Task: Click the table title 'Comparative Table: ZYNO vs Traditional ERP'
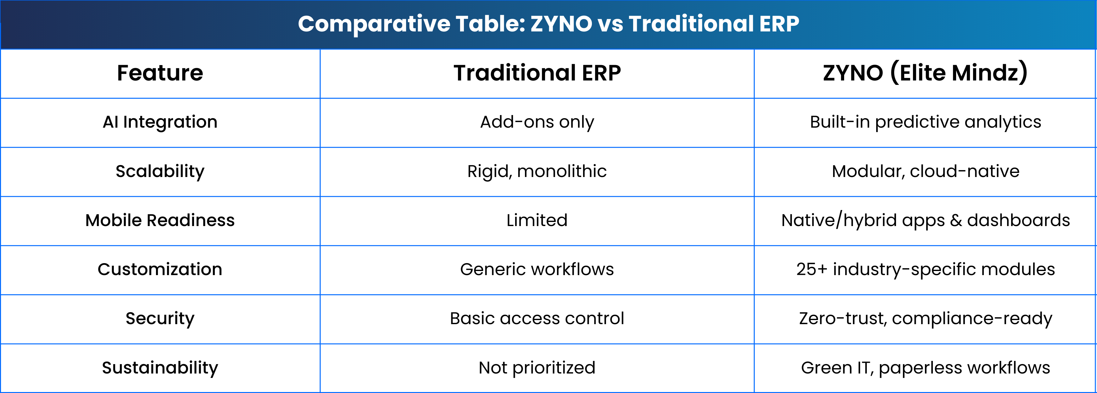548,24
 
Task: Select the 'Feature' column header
160,73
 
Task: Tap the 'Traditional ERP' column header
537,73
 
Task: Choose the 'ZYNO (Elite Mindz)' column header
925,73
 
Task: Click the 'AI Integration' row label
160,122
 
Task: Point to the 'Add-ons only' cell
537,122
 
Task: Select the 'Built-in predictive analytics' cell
925,122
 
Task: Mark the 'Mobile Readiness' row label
160,221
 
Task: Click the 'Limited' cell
537,221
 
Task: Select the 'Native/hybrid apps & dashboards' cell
925,221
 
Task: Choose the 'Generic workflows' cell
537,269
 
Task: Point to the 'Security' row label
160,319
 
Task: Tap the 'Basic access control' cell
537,318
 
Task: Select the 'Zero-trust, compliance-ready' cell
925,319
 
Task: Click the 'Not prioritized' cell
537,368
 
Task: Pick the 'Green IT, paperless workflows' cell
925,368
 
